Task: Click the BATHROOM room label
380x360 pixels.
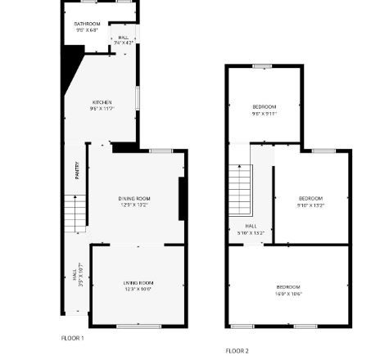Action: click(x=87, y=24)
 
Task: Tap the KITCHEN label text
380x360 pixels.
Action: click(x=101, y=102)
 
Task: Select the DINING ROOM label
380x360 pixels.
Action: click(x=134, y=198)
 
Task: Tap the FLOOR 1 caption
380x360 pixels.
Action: click(x=72, y=337)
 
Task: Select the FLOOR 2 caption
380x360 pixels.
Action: click(x=237, y=350)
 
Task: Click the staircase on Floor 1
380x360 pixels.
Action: click(x=75, y=213)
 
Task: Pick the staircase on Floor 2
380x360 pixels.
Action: click(x=239, y=190)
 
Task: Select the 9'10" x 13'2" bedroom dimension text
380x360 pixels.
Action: click(x=310, y=205)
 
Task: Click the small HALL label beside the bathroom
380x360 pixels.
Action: click(x=123, y=38)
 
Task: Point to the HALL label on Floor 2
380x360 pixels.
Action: click(x=251, y=227)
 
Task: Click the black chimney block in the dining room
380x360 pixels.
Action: click(x=183, y=198)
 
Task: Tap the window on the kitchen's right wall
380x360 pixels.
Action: click(x=137, y=97)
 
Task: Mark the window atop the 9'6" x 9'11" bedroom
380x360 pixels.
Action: click(x=262, y=65)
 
